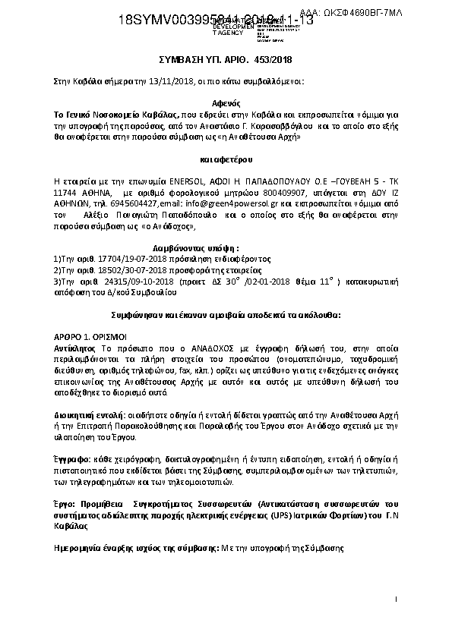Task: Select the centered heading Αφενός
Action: pyautogui.click(x=226, y=100)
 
